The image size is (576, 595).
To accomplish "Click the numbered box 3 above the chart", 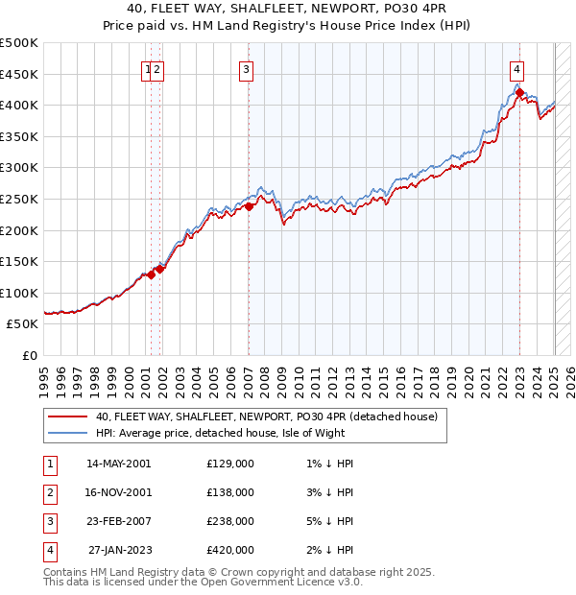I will tap(246, 69).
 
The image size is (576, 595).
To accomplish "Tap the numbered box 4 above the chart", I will tap(516, 69).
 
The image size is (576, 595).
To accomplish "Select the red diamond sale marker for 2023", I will tap(519, 93).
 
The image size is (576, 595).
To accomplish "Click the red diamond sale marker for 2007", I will tap(249, 206).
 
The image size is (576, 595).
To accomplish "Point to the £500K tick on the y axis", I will tap(19, 43).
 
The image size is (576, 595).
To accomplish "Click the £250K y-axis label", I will tap(19, 199).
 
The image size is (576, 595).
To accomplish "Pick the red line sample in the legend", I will tap(67, 416).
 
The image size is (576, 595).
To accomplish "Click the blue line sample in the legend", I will tap(67, 433).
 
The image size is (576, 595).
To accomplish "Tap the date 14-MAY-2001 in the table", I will tap(119, 464).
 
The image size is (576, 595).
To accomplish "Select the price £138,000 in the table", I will tap(230, 492).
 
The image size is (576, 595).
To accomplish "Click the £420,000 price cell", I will tap(230, 550).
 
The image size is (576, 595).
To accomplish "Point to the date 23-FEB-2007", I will tap(119, 521).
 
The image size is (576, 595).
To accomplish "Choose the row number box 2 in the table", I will tap(49, 492).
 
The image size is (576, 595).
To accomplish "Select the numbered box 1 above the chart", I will tap(148, 69).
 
